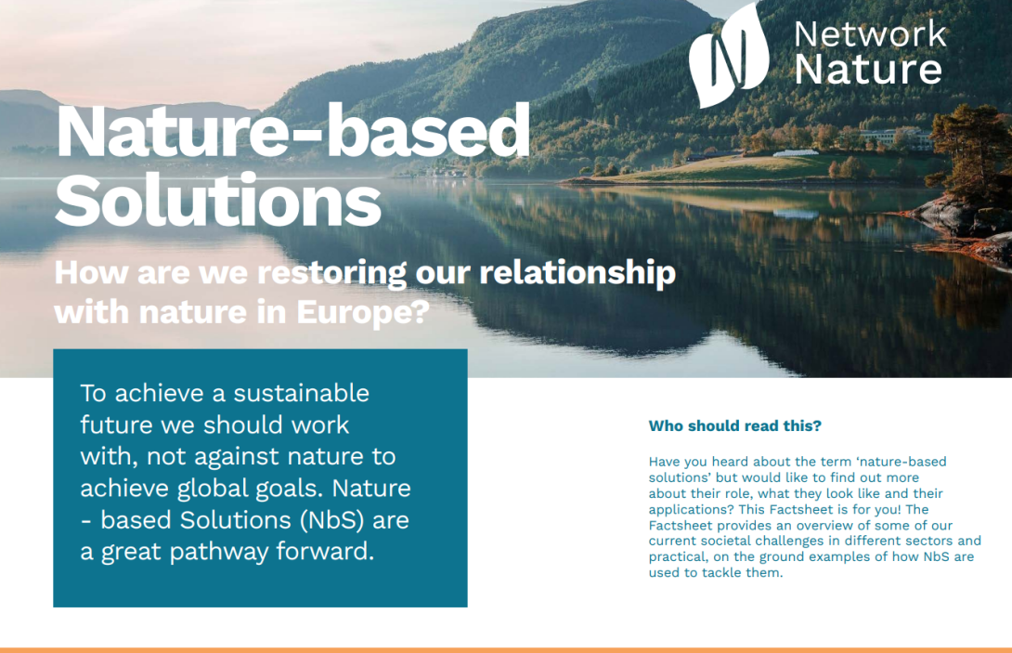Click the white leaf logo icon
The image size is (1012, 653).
(730, 55)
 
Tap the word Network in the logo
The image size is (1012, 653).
(870, 34)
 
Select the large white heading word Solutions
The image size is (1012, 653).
(218, 201)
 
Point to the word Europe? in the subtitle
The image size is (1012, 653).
(363, 313)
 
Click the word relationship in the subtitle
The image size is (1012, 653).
(577, 272)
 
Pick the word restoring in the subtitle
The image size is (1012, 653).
(332, 272)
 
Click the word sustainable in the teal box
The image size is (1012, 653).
(301, 393)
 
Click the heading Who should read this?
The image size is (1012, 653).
(734, 426)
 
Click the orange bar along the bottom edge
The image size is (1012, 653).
(506, 650)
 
